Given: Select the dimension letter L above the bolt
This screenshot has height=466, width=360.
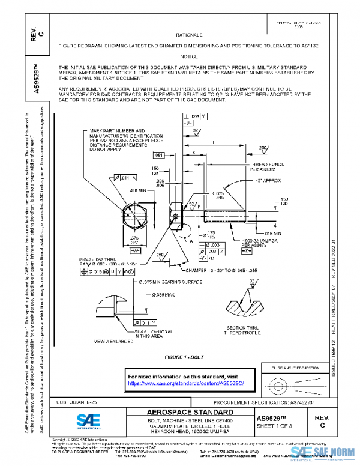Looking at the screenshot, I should (214, 142).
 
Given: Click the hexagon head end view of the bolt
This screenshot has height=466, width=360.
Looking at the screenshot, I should (135, 216).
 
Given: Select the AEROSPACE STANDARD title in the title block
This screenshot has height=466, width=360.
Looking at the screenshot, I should (191, 412).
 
